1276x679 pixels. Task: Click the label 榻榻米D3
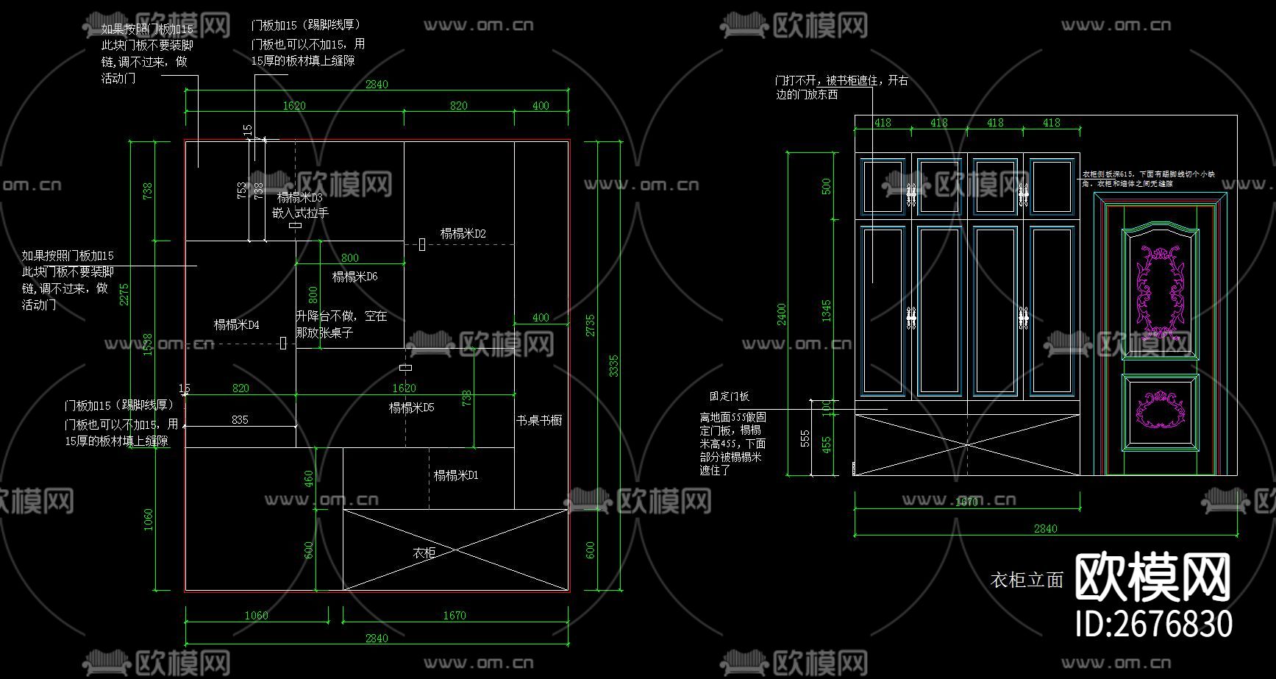tap(299, 198)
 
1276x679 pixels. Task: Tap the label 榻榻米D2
tap(463, 234)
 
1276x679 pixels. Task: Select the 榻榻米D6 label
tap(354, 277)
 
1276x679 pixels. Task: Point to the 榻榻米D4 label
tap(236, 324)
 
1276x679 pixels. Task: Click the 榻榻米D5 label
tap(411, 408)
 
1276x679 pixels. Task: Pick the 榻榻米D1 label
tap(455, 475)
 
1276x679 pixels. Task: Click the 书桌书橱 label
tap(538, 420)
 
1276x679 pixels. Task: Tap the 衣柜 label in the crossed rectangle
tap(424, 553)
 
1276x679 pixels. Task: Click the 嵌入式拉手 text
tap(300, 213)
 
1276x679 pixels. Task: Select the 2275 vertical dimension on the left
tap(124, 294)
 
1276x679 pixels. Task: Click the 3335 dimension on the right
tap(613, 366)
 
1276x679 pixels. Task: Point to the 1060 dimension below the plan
tap(256, 615)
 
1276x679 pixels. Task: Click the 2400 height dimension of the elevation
tap(781, 314)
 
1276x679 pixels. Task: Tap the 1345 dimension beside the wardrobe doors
tap(827, 310)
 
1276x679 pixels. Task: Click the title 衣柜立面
tap(1027, 580)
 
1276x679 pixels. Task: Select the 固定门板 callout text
tap(729, 397)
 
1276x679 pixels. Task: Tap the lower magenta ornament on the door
tap(1161, 410)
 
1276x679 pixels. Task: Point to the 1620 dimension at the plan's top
tap(294, 106)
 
